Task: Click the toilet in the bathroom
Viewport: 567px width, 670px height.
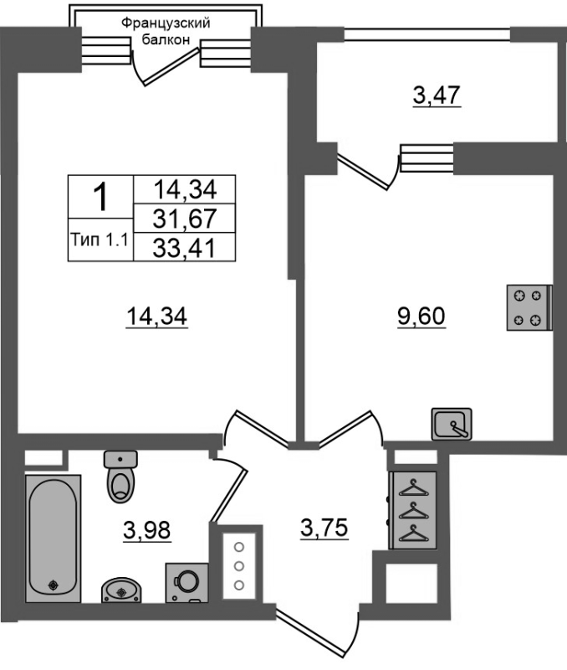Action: tap(120, 476)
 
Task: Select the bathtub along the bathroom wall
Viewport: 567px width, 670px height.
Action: tap(54, 539)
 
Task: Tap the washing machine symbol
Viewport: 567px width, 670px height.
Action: tap(186, 583)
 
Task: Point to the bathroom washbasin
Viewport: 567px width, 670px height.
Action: tap(121, 590)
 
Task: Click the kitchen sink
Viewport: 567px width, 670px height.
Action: tap(452, 424)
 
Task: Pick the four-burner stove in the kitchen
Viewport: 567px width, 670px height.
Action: tap(529, 307)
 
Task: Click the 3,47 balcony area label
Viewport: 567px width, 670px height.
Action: tap(437, 95)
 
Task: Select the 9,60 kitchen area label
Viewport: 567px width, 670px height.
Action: tap(421, 317)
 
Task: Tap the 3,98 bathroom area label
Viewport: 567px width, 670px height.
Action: tap(146, 530)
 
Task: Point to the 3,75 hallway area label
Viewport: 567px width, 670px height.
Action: tap(324, 528)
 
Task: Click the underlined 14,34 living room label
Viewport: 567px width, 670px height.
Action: tap(156, 317)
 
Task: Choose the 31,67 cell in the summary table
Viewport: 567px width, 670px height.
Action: tap(184, 219)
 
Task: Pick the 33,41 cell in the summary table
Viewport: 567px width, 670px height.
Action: tap(184, 248)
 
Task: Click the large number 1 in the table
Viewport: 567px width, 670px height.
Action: tap(100, 197)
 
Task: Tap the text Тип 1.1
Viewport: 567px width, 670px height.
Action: tap(100, 240)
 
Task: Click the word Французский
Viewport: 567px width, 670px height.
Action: tap(166, 23)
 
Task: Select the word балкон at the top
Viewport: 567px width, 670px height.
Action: tap(165, 39)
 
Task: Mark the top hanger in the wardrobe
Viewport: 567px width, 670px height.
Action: tap(412, 487)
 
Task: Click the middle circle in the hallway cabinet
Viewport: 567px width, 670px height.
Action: tap(239, 566)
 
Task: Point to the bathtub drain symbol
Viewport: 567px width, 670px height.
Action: tap(54, 585)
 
